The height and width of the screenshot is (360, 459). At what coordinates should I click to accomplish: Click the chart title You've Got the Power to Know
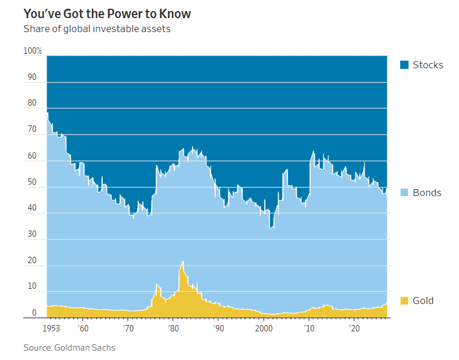click(x=107, y=13)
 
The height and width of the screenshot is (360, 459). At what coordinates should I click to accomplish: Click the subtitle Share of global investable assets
click(x=97, y=29)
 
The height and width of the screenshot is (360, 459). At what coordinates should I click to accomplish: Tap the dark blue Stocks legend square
click(x=404, y=65)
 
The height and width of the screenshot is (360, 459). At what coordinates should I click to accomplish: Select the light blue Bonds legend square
click(x=404, y=193)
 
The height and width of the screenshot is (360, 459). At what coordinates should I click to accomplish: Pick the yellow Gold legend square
click(x=404, y=300)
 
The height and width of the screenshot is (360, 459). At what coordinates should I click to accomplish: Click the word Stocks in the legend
click(x=428, y=65)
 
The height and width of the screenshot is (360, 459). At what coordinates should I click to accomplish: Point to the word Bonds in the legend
click(x=427, y=193)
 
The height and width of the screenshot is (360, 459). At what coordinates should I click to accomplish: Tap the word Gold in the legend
click(x=423, y=300)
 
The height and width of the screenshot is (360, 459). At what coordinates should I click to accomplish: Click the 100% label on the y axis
click(x=33, y=51)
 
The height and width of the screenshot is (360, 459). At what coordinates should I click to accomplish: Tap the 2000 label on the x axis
click(x=264, y=328)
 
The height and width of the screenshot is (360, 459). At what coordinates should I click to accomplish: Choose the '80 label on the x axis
click(x=173, y=328)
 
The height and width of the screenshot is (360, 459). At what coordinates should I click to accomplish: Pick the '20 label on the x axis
click(x=354, y=328)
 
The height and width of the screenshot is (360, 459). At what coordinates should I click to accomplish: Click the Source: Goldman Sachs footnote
click(x=69, y=348)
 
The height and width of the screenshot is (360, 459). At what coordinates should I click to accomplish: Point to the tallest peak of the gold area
click(x=183, y=261)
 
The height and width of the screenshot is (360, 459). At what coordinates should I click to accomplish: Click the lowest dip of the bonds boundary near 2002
click(x=271, y=228)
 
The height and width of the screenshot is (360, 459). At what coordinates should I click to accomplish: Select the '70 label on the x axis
click(x=128, y=328)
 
